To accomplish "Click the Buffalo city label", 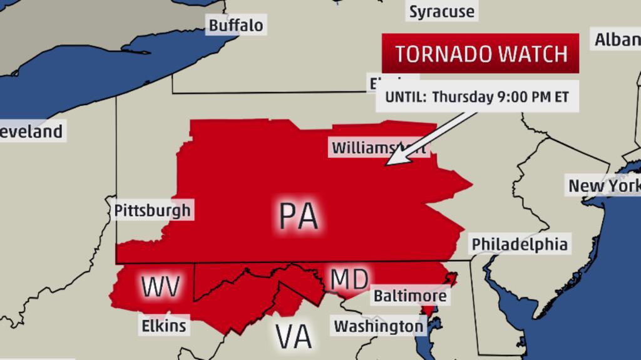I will coord(235,25).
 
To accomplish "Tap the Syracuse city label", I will coord(441,11).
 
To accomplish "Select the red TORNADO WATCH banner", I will coord(480,54).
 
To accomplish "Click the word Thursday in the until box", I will coord(461,97).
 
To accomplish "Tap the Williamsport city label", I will coord(379,148).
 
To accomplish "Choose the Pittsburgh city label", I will coord(152,210).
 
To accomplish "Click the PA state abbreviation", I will coord(299,216).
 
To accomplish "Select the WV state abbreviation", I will coord(161,287).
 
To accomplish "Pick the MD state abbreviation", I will coord(349,279).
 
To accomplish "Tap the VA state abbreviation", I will coord(294,337).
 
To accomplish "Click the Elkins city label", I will coord(163,326).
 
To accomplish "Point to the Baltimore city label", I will coord(410,296).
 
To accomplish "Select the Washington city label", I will coord(378,326).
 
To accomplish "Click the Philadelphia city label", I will coord(520,244).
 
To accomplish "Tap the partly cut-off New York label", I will coord(603,186).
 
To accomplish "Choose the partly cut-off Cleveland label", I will coord(31,131).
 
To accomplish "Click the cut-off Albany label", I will coord(617,40).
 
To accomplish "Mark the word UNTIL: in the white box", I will coord(405,97).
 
